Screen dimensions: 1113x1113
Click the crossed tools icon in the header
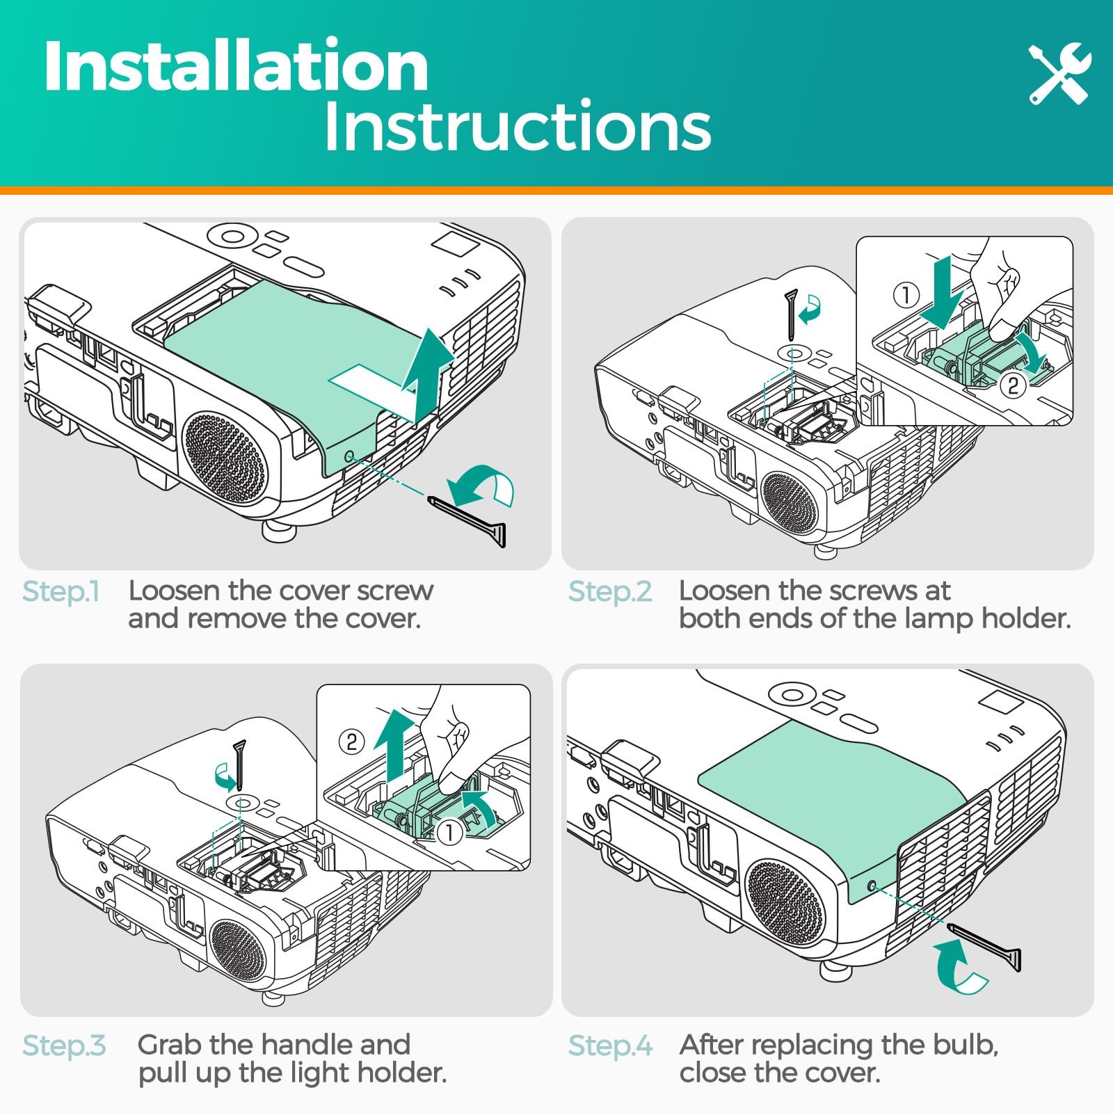pos(1060,73)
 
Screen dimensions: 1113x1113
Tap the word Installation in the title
pos(236,65)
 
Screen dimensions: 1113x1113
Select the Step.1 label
pos(61,591)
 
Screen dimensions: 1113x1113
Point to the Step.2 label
pos(610,591)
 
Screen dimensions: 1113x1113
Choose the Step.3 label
pos(64,1046)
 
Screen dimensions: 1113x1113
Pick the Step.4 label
pos(611,1046)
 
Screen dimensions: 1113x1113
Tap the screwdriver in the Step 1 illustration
pos(467,522)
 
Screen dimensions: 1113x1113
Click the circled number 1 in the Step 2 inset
pos(906,295)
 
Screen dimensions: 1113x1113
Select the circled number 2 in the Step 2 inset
pos(1014,385)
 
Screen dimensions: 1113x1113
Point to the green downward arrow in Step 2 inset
pos(942,292)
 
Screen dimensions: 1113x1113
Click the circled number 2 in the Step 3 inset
pos(352,742)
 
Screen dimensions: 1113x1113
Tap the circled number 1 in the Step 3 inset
pos(450,832)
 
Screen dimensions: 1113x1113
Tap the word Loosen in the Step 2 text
pos(724,591)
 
